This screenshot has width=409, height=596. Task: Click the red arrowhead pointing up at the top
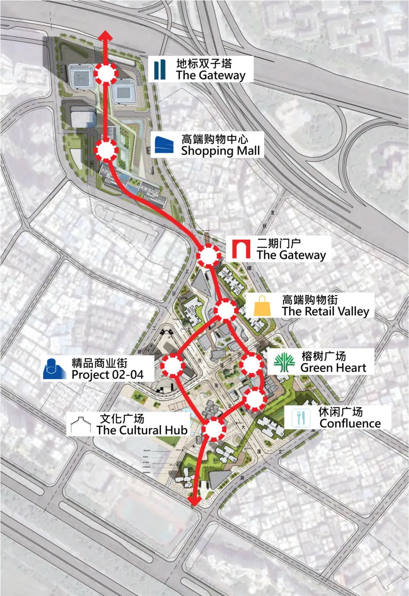106,36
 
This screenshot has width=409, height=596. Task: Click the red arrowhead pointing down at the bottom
195,501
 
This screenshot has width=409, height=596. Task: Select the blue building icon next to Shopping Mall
164,145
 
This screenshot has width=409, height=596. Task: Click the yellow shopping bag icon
262,306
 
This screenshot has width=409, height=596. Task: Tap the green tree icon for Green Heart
284,362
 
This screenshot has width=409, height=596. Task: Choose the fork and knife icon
300,417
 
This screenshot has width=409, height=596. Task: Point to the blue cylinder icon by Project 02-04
55,369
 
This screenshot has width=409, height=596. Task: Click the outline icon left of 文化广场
81,425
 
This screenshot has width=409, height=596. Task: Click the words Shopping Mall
220,151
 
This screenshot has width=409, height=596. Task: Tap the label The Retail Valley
325,312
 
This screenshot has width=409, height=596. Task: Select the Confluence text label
350,423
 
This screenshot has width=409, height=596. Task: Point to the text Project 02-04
108,375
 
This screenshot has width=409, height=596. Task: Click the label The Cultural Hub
142,430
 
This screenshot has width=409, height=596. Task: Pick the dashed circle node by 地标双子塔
106,73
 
